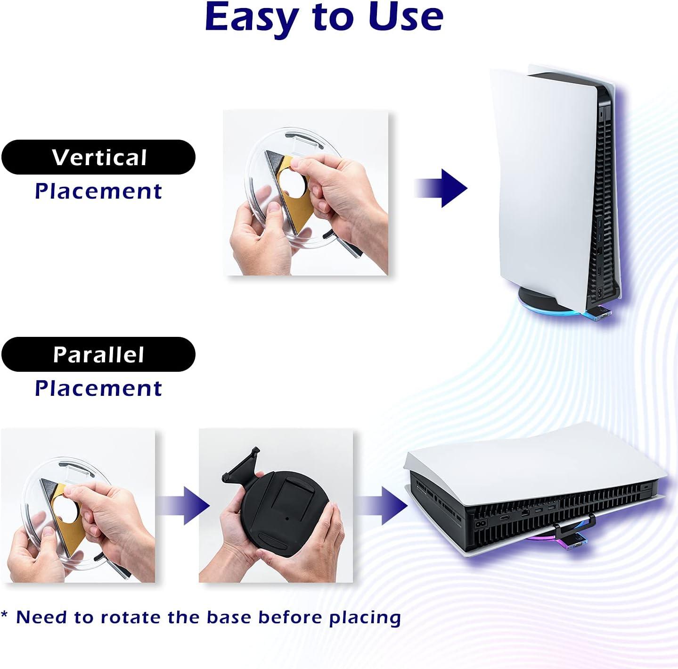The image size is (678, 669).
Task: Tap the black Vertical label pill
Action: [x=98, y=157]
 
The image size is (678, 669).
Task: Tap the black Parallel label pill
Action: [x=98, y=354]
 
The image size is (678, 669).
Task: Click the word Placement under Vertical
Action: [x=98, y=192]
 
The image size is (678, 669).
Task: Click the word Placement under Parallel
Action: [x=98, y=388]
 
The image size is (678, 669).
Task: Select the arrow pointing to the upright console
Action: [x=441, y=188]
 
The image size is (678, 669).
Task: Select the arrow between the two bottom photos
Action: [x=183, y=506]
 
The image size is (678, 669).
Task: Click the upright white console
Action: [x=556, y=187]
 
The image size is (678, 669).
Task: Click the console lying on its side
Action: [x=535, y=493]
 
